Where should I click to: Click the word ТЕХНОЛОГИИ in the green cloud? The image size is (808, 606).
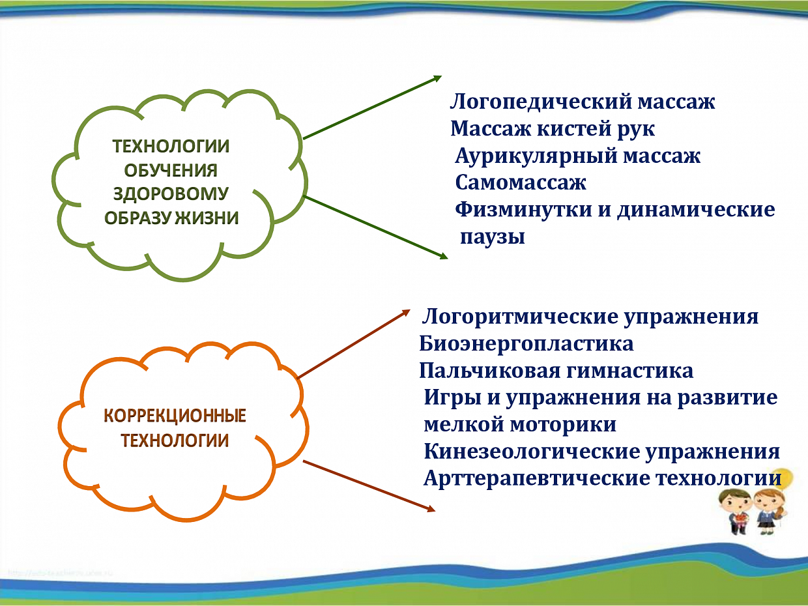coord(171,146)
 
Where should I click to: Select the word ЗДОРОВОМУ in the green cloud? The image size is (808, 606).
coord(171,194)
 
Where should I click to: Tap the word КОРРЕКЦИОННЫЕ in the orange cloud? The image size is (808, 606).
coord(175,416)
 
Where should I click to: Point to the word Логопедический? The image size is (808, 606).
coord(541,102)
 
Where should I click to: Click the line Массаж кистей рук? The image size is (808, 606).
coord(553,129)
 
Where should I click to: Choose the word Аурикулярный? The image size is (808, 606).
coord(536,156)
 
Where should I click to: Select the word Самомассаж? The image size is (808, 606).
coord(521,182)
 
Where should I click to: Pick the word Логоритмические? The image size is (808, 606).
coord(520,317)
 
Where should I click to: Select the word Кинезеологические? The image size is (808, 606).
coord(532,452)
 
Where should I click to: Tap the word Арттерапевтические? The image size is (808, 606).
coord(536,479)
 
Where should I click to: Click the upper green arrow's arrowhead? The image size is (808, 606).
coord(438,78)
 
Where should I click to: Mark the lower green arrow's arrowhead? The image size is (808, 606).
coord(444,255)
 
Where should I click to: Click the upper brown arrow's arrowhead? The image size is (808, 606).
coord(406,313)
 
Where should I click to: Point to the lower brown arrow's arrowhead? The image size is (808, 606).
coord(431,509)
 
